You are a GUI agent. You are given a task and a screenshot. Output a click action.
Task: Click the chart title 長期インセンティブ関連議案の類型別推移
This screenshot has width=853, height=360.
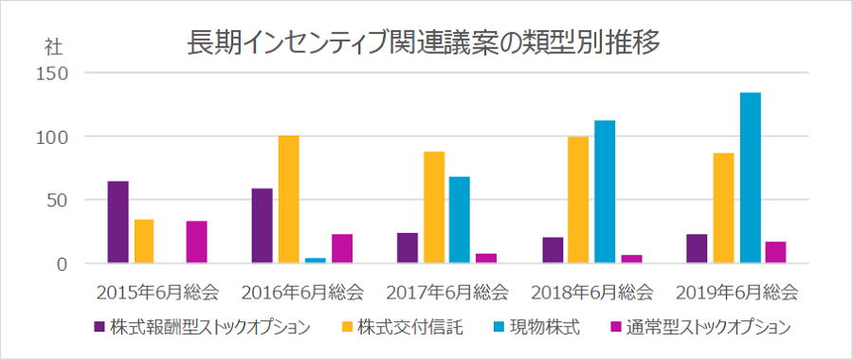point(424,43)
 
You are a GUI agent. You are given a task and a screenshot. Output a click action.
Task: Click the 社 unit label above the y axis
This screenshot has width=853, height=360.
point(53,45)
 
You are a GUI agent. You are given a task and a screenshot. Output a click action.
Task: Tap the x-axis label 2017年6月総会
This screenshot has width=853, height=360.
point(447,290)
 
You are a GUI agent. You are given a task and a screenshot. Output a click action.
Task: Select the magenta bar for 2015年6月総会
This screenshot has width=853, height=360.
point(196,243)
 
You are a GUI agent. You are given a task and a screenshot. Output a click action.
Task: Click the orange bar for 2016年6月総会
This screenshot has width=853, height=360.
point(288,200)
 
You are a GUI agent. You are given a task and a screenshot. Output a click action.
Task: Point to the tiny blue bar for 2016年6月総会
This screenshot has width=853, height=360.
point(315,261)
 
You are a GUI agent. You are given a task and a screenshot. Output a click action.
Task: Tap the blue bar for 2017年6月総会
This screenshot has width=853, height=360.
point(460,220)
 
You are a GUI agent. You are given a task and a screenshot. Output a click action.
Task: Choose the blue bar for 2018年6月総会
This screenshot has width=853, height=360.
point(605,192)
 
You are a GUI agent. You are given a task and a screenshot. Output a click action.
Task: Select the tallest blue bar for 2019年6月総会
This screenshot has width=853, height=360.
point(750,178)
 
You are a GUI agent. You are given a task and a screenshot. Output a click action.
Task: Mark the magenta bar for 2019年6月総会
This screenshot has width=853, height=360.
point(775,253)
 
